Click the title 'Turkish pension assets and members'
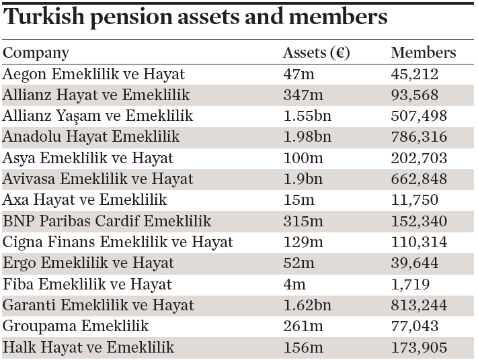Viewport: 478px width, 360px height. click(196, 17)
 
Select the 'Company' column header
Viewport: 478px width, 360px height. click(36, 53)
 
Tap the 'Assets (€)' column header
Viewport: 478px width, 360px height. click(317, 53)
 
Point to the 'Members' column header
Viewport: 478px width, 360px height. click(423, 53)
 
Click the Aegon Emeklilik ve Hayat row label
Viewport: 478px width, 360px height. click(94, 74)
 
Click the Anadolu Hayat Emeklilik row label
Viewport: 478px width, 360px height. click(91, 136)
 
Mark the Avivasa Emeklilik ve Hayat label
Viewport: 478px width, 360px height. click(98, 179)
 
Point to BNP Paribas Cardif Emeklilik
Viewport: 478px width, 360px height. click(107, 220)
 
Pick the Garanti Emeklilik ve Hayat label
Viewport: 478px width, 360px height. click(98, 305)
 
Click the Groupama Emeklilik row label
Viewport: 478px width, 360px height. click(76, 326)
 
